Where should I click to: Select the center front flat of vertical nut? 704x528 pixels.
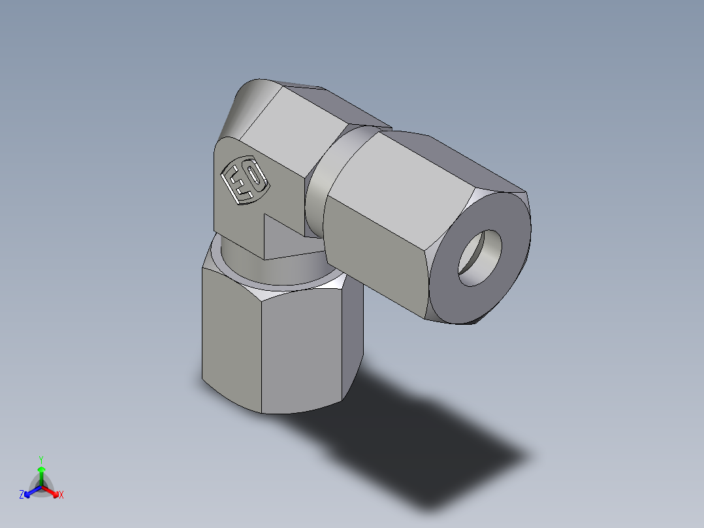(300, 353)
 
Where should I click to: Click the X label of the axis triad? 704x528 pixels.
(61, 495)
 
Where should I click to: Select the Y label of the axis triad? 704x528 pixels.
(41, 459)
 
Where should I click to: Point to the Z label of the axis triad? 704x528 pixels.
(22, 495)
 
